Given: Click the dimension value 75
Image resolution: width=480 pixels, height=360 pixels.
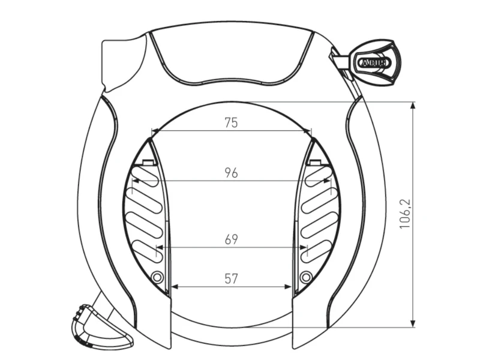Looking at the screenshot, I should tap(231, 123).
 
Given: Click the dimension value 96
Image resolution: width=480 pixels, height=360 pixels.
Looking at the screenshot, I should tap(231, 173).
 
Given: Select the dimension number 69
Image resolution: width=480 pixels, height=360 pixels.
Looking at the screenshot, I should tap(231, 239).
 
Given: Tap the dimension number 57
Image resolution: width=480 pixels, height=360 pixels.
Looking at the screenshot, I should tap(231, 279).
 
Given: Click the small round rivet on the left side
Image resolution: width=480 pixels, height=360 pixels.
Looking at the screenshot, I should tap(157, 277).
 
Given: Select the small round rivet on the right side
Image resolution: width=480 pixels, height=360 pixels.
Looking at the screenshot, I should tap(306, 277).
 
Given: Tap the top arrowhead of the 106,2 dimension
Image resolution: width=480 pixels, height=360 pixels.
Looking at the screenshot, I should tap(413, 106).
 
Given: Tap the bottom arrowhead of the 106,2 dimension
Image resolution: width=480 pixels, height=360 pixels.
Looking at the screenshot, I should tap(413, 323).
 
